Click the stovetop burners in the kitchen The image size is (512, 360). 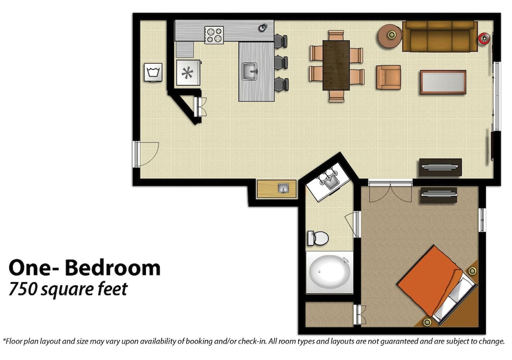coord(214,35)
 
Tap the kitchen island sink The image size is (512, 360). coord(250,72)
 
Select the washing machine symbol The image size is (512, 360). coord(153,72)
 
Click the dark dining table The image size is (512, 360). coord(336,66)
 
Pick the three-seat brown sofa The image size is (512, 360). coord(439,36)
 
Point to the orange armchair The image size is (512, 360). coord(389,77)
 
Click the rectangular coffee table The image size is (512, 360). coord(443,82)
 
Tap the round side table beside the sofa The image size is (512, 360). coord(390,36)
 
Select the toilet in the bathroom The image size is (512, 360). coord(318,238)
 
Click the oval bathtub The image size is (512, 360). coord(330,272)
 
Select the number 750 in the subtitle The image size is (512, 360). coord(23,289)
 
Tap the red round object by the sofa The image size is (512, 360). coord(484,38)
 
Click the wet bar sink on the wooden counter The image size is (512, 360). coord(283,188)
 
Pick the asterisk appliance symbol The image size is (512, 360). coord(188,73)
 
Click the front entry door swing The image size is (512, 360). coord(146,154)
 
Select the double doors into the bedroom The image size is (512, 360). coord(390,193)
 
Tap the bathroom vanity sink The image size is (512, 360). coord(329,181)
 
